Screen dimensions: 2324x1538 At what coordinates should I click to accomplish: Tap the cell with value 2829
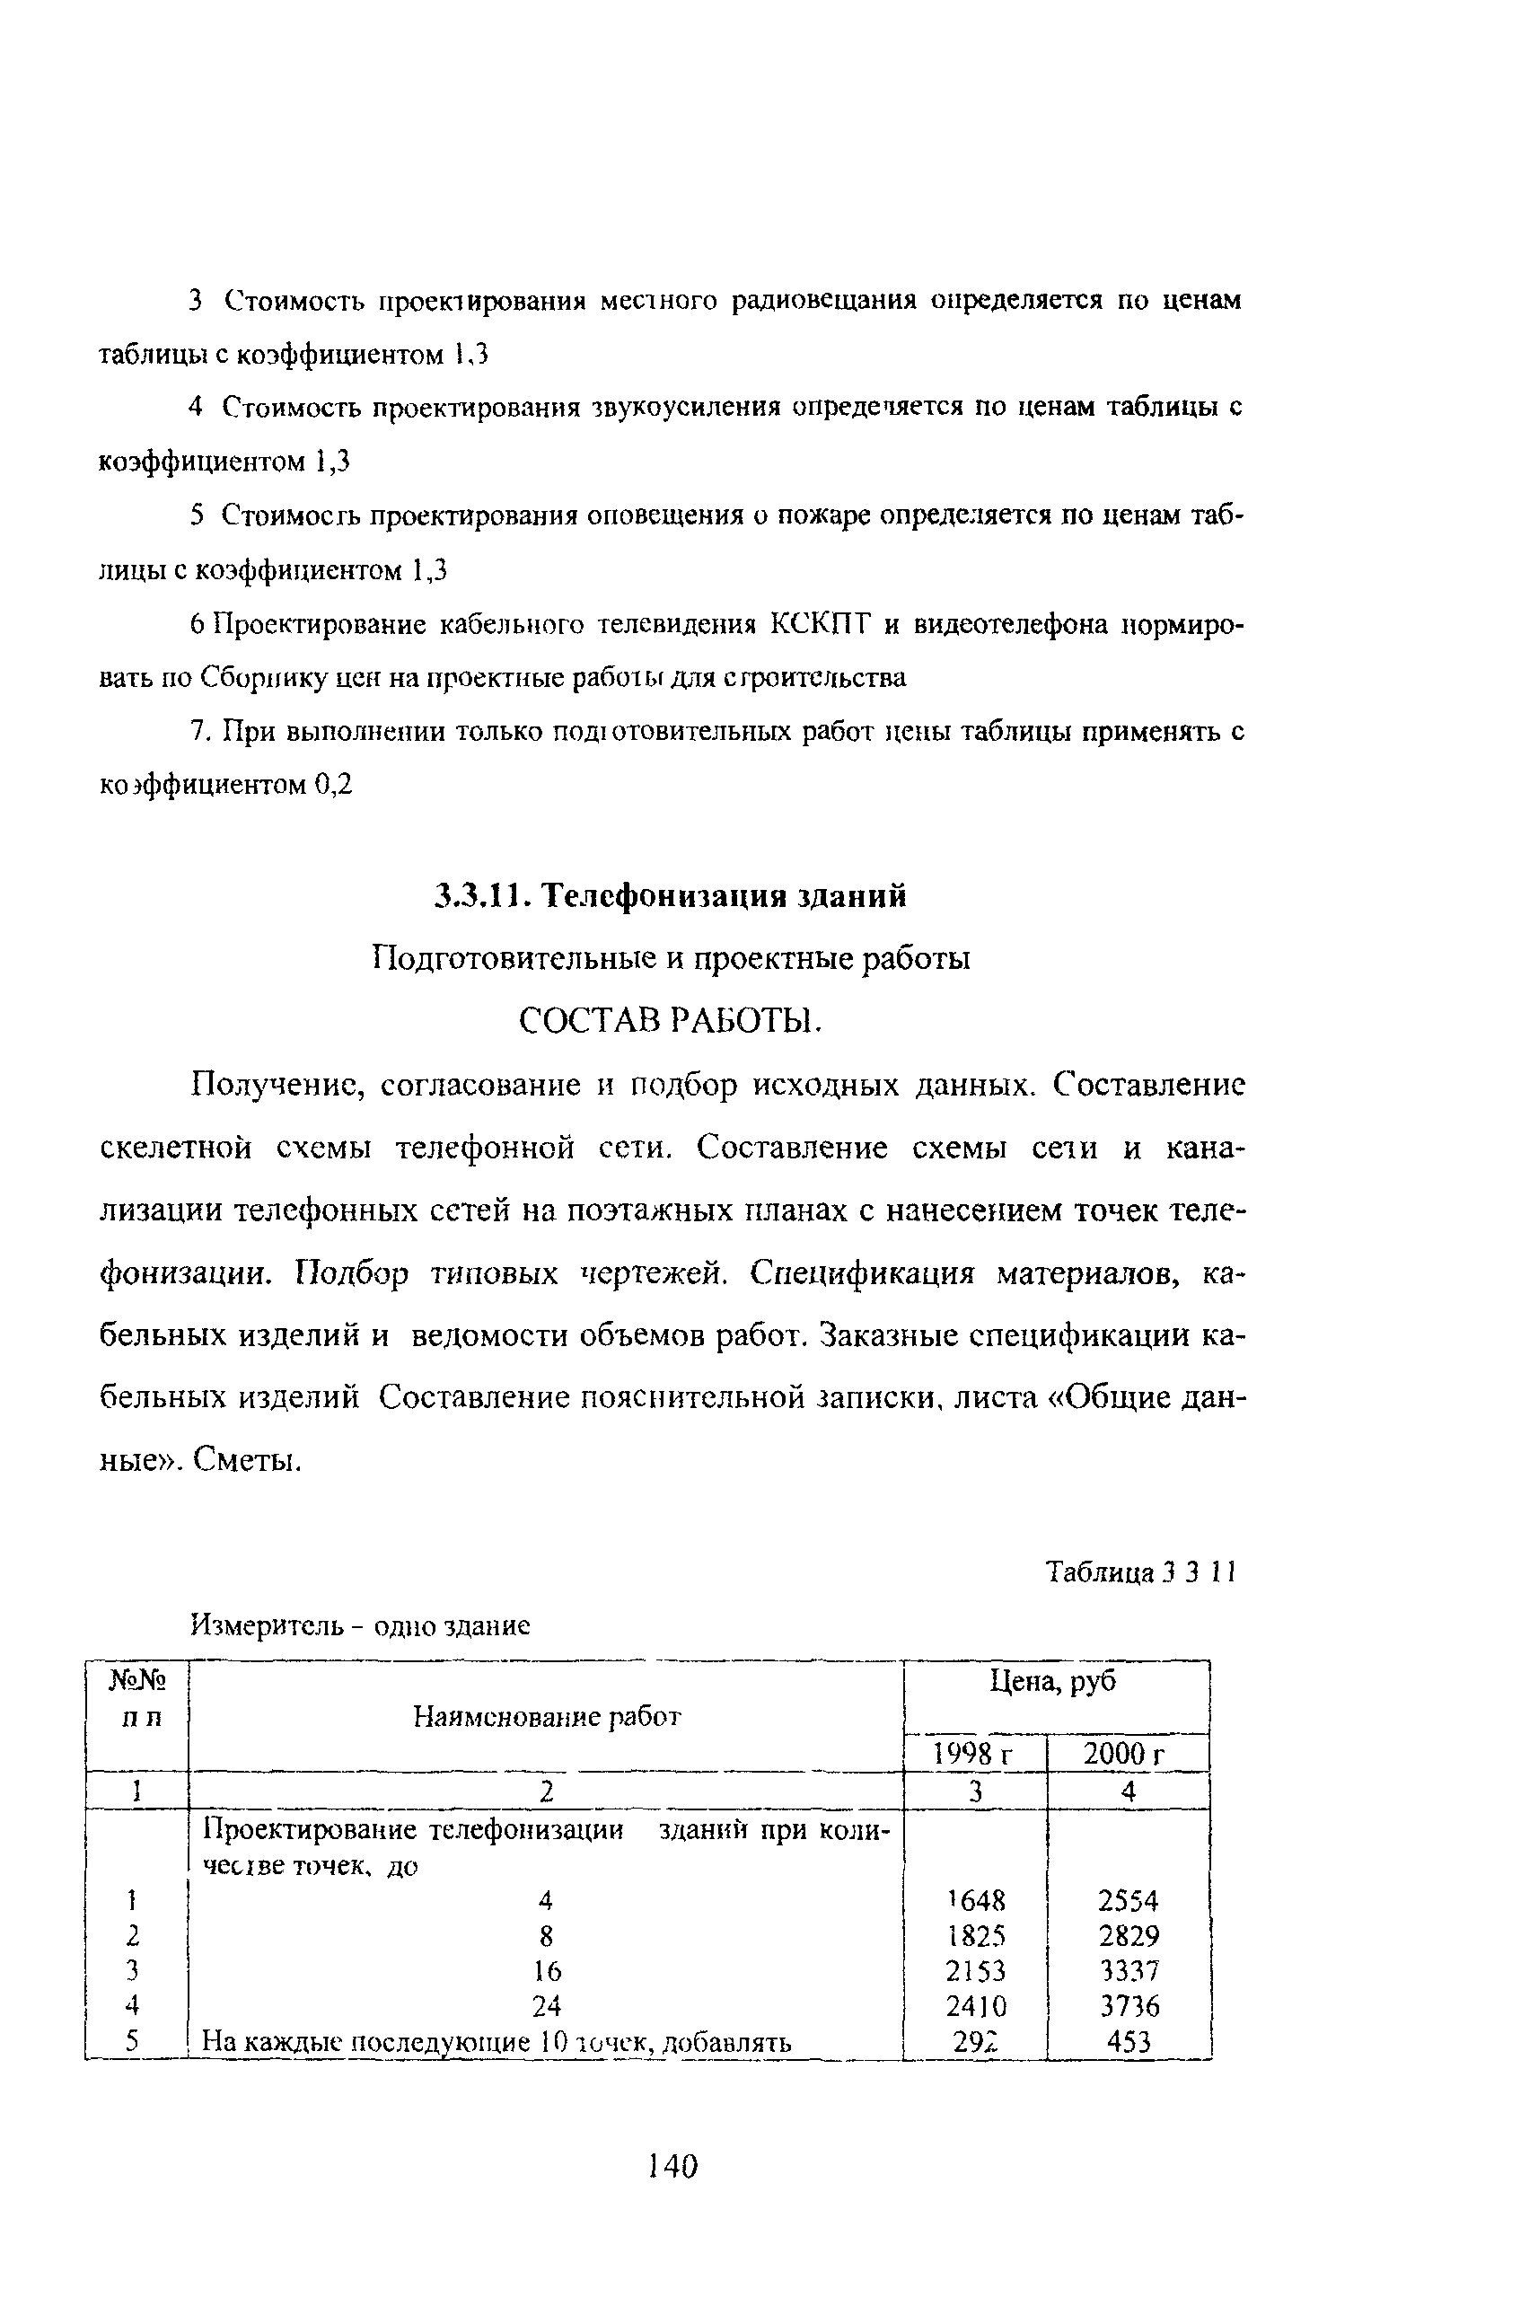pos(1128,1935)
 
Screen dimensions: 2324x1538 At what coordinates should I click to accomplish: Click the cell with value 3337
pos(1128,1971)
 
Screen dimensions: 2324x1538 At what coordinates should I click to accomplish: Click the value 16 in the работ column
pos(547,1971)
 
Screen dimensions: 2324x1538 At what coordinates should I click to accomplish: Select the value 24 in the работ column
pos(547,2006)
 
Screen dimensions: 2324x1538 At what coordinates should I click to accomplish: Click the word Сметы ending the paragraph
pos(244,1461)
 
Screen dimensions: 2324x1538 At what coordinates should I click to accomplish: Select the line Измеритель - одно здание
pos(359,1625)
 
